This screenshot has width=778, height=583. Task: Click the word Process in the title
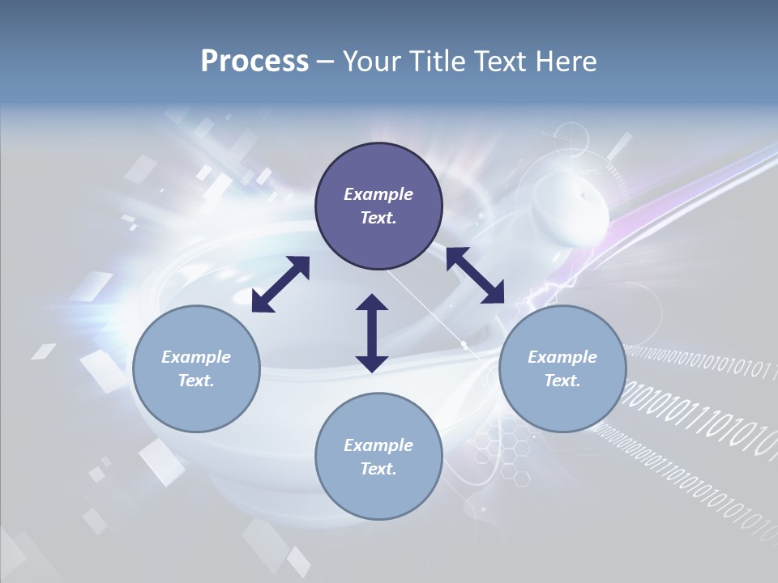point(254,62)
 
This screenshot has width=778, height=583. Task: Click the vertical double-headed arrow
point(372,333)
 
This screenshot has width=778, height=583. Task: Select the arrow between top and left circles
point(280,284)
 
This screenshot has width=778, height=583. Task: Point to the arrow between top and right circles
point(475,276)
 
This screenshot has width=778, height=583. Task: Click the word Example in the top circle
point(378,194)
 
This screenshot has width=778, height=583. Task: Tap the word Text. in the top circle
point(378,218)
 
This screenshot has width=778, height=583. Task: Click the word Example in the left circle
point(196,357)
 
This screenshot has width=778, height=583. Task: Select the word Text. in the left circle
point(196,381)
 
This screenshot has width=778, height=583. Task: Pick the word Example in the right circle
point(562,357)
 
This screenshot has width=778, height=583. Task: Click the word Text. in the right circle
point(562,381)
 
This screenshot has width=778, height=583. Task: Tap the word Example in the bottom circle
point(378,445)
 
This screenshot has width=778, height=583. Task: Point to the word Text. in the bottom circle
point(378,469)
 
